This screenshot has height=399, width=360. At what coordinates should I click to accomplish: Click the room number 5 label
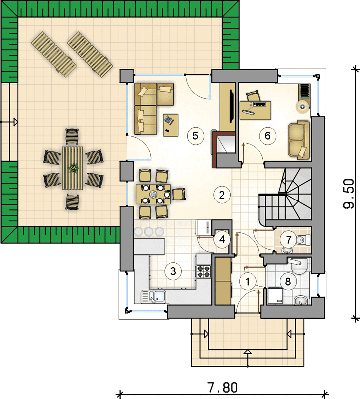point(195,136)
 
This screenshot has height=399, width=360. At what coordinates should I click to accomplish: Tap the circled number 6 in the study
point(267,136)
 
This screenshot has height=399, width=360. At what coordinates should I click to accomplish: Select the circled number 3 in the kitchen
point(173,271)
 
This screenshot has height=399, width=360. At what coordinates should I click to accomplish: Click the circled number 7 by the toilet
point(289,240)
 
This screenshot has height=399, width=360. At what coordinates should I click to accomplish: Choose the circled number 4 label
point(222,240)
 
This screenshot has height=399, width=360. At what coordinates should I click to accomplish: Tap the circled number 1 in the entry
point(247,282)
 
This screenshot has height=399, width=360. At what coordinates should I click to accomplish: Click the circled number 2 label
point(222,195)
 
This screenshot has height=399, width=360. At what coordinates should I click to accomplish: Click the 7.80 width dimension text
point(223,388)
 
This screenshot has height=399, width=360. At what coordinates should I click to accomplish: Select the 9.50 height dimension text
point(349,194)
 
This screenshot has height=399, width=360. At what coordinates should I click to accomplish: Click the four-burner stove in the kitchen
point(204,271)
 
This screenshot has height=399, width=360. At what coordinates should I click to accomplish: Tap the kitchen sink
point(154,297)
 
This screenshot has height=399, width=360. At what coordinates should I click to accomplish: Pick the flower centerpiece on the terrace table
point(73,168)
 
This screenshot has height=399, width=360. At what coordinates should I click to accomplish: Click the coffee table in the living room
point(171,125)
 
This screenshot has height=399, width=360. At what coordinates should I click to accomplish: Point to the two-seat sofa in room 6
point(299,140)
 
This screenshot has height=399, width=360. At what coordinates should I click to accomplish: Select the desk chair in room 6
point(253,96)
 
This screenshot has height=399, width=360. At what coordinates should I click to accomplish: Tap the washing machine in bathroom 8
point(275,296)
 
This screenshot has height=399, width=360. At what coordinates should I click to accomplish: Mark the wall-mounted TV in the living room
point(231,106)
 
